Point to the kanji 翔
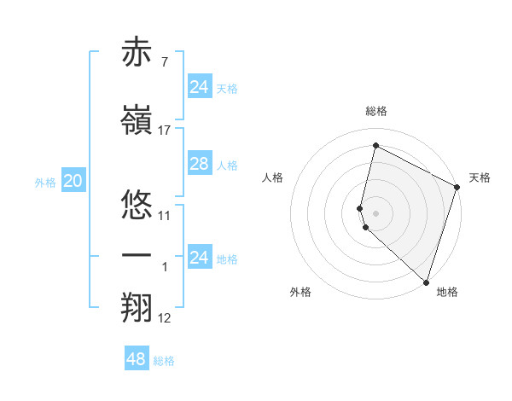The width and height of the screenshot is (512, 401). (x=137, y=309)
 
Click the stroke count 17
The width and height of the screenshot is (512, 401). (x=165, y=130)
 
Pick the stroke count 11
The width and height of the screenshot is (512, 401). (x=165, y=215)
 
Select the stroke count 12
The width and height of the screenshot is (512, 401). (x=165, y=318)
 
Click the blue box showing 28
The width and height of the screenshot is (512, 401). (x=199, y=164)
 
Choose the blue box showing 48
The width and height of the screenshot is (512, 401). (x=136, y=359)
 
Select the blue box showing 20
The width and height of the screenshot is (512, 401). (x=73, y=181)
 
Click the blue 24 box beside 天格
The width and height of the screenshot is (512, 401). (x=199, y=86)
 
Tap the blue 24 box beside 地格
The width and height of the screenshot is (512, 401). (x=199, y=257)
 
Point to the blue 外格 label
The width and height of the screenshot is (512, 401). (x=45, y=182)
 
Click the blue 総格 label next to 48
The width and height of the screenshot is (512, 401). (x=164, y=361)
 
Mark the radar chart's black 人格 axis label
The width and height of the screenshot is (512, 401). (x=272, y=177)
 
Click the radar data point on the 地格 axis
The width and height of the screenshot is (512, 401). (x=425, y=282)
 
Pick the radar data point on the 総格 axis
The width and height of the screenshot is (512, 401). (x=375, y=145)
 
